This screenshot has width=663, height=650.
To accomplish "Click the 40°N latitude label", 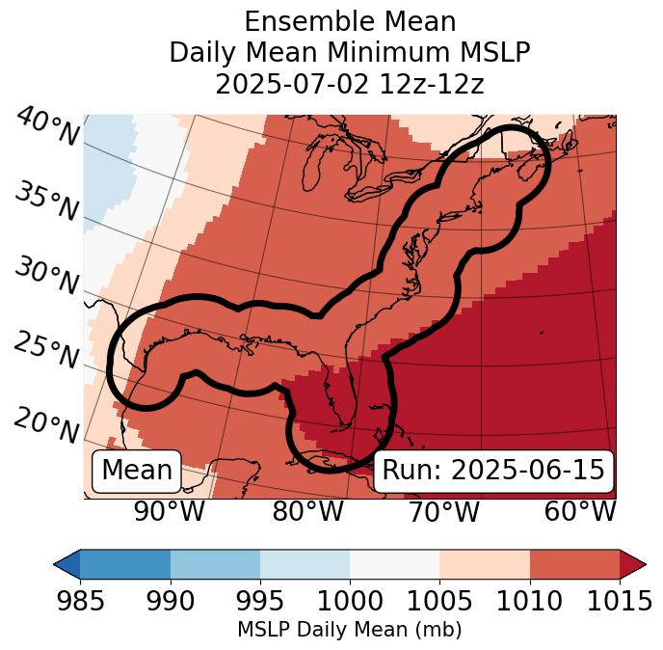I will pyautogui.click(x=46, y=128).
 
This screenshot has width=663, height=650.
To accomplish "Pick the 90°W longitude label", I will pyautogui.click(x=170, y=511).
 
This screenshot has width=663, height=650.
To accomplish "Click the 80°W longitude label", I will pyautogui.click(x=307, y=511).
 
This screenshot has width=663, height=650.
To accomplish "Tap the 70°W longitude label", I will pyautogui.click(x=443, y=511).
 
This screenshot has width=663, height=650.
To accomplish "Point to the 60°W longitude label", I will pyautogui.click(x=580, y=511).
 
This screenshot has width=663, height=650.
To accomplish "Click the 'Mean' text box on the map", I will pyautogui.click(x=137, y=471).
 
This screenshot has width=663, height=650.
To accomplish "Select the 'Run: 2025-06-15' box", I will pyautogui.click(x=493, y=471).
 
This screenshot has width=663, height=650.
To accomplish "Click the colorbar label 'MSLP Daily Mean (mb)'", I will pyautogui.click(x=350, y=630).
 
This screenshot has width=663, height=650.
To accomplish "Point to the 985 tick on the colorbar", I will pyautogui.click(x=80, y=601).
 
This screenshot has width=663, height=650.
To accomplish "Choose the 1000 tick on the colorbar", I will pyautogui.click(x=350, y=601).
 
